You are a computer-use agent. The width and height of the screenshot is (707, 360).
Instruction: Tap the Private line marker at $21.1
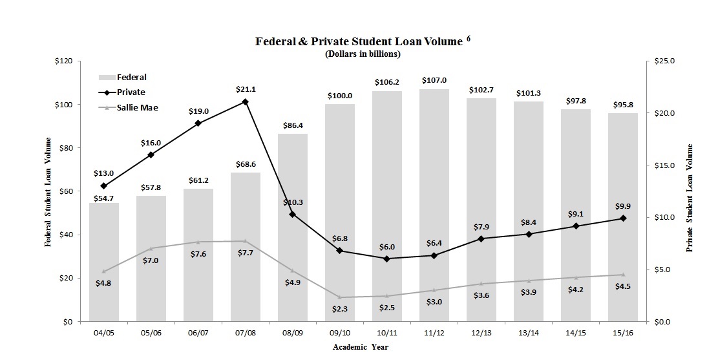(x=245, y=101)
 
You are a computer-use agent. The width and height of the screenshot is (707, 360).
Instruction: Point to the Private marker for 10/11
(x=386, y=259)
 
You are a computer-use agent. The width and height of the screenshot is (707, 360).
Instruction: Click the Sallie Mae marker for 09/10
(x=339, y=297)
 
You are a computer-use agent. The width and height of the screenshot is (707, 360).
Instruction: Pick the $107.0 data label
(x=434, y=80)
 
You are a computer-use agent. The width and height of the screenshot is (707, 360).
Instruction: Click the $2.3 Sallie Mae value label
(x=339, y=309)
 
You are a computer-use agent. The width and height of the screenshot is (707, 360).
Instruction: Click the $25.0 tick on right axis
(x=664, y=61)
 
